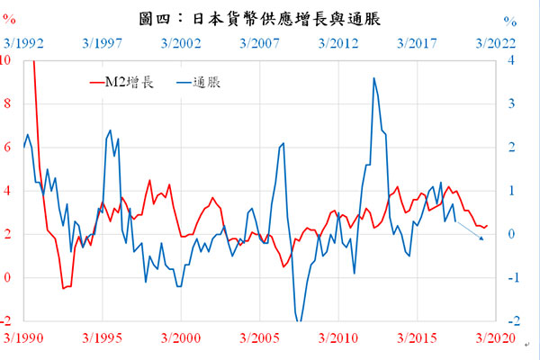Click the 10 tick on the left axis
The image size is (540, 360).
coord(7,60)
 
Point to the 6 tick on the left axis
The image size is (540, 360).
coord(7,147)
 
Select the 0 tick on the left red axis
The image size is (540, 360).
coord(7,278)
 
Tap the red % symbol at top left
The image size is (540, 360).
coord(9,21)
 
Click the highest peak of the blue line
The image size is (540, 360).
coord(373,78)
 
